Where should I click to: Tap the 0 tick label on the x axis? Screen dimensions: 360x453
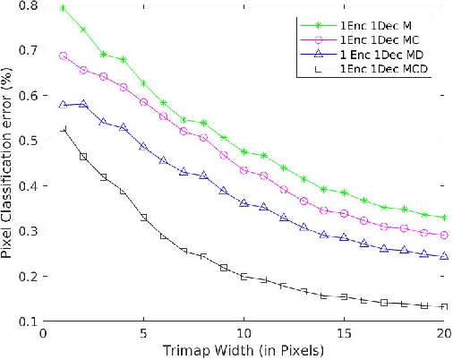[43, 333]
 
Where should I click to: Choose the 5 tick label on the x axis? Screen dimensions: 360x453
[143, 333]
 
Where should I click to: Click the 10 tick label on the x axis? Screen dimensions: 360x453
[244, 333]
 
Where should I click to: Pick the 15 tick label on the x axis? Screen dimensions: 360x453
[345, 333]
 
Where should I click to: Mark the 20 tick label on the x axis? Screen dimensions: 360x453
[444, 333]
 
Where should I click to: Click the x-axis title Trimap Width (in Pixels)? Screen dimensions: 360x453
[244, 350]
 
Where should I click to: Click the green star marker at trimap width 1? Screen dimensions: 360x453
[63, 8]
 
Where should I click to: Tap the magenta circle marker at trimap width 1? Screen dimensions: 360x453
[63, 56]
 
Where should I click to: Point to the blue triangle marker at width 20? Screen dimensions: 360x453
[445, 256]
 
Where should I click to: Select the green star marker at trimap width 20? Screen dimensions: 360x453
[445, 218]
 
